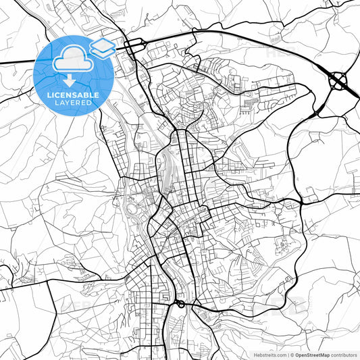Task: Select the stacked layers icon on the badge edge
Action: (103, 47)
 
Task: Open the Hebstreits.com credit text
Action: (269, 355)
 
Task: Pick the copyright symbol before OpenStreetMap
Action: (292, 355)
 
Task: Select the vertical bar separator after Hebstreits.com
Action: (288, 355)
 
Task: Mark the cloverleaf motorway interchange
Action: (338, 82)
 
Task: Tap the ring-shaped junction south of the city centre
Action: (180, 305)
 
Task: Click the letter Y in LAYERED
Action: (71, 103)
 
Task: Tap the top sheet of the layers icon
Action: (103, 44)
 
